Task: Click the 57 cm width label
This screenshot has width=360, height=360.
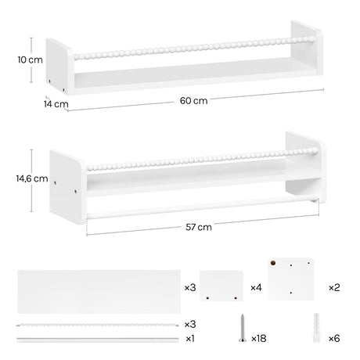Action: [x=200, y=228]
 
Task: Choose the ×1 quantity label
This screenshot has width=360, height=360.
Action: [x=190, y=338]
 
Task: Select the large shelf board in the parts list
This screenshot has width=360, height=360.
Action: [x=97, y=288]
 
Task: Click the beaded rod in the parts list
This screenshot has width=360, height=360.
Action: [x=97, y=324]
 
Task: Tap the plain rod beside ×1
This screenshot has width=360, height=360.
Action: [x=97, y=338]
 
